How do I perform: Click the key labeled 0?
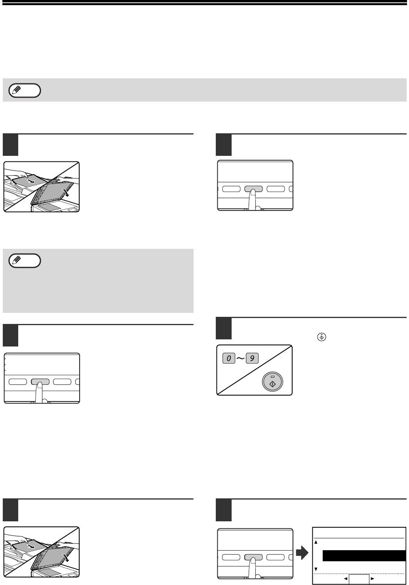tap(229, 358)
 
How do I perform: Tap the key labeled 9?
tap(252, 358)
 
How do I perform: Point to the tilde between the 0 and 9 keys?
tap(240, 358)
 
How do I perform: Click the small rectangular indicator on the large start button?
tap(272, 377)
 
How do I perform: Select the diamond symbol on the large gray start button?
tap(272, 384)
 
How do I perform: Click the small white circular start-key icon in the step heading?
tap(321, 337)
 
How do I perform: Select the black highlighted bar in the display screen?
tap(364, 555)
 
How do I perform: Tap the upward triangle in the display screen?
tap(316, 542)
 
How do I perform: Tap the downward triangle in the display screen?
tap(316, 569)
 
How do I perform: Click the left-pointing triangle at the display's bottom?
tap(346, 579)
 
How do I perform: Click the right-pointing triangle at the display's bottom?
tap(373, 579)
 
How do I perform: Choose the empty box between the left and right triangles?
tap(359, 579)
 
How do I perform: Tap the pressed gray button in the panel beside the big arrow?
tap(253, 557)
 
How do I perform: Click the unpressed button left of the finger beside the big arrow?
tap(231, 557)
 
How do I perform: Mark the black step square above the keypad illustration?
tap(224, 328)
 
